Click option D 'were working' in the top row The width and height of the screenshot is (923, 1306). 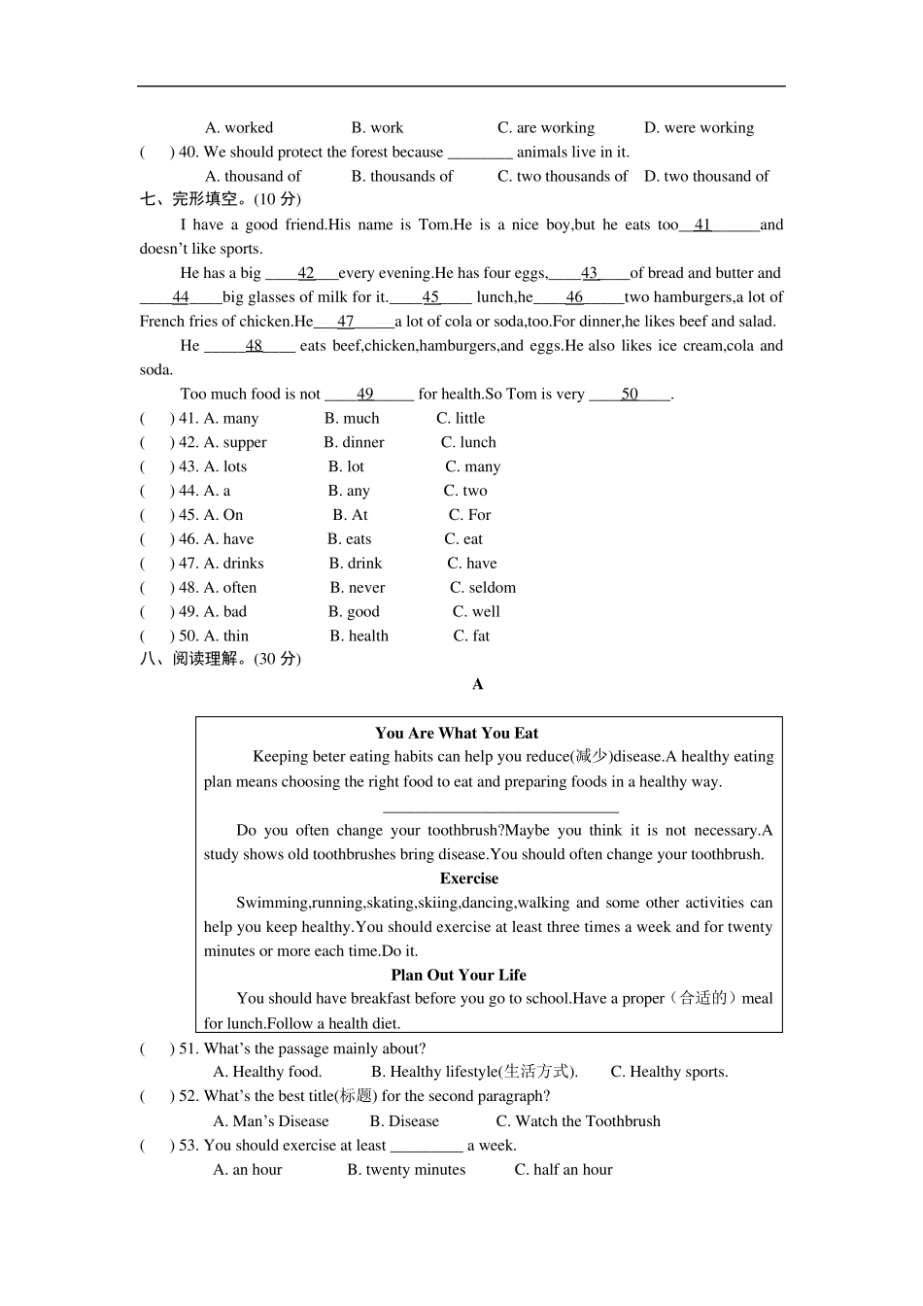pos(699,127)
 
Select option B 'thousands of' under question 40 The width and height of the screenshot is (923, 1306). pos(401,176)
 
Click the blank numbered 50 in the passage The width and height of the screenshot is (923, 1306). pos(630,395)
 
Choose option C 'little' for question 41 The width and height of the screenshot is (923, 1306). pos(461,418)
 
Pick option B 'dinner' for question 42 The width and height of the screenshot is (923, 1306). pos(354,442)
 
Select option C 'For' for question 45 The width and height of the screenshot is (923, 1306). pos(469,515)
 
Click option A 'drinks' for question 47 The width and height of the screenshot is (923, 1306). pos(233,564)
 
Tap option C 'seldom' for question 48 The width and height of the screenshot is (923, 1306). pos(483,588)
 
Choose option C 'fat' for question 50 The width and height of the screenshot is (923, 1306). pos(471,636)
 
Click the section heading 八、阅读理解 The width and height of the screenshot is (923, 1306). pos(220,659)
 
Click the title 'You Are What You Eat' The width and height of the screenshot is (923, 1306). pos(457,734)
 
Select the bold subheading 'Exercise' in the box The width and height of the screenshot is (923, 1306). pos(468,878)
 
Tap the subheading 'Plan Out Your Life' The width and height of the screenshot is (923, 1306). pos(459,975)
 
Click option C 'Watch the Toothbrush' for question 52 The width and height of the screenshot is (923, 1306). pos(578,1121)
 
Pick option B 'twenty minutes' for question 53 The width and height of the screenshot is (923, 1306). pos(406,1170)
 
